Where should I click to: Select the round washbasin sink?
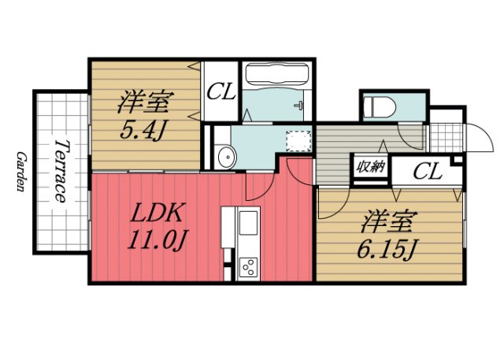pos(224,155)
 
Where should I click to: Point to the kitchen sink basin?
pos(247,225)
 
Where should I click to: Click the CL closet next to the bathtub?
pos(221,91)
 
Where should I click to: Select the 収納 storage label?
pos(370,167)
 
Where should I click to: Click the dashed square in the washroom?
pos(296,141)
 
